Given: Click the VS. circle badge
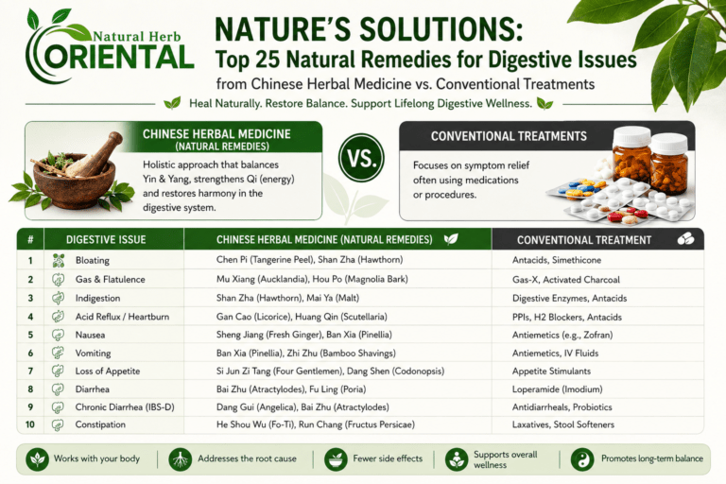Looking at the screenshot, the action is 361,158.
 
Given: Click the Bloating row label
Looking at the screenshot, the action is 93,260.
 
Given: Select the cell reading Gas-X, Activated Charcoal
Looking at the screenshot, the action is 566,280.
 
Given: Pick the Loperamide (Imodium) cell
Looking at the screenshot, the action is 557,389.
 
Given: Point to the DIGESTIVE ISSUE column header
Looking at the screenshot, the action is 106,239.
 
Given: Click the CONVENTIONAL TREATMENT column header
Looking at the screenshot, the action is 584,240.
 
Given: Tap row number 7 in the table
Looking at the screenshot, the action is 30,371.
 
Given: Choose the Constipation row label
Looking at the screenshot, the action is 100,424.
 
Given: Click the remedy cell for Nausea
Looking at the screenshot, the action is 303,335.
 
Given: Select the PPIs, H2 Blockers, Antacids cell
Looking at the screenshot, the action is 567,318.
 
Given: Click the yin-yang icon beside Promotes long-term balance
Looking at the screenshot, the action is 582,459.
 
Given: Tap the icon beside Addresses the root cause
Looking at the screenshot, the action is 181,459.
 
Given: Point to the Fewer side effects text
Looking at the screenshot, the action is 388,458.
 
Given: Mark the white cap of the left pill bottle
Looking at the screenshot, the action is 631,137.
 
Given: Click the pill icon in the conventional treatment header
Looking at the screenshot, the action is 685,238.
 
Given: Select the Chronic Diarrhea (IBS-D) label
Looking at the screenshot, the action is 125,407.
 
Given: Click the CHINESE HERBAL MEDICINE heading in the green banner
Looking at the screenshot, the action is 216,134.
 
